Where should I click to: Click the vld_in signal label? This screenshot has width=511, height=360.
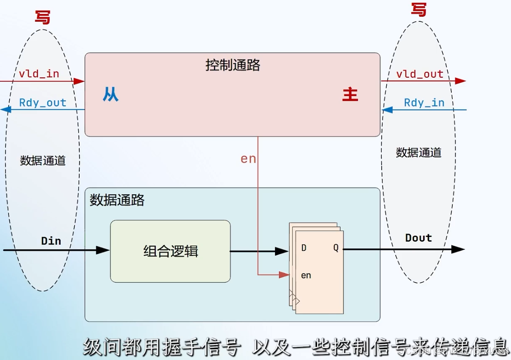[39, 74]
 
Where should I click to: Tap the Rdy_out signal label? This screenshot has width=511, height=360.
[42, 103]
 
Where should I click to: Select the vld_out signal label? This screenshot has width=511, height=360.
[419, 74]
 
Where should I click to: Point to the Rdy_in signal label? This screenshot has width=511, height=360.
[424, 103]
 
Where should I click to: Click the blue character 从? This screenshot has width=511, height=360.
[110, 95]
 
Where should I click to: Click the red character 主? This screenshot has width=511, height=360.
[350, 95]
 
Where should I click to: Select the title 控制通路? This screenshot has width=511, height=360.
[233, 66]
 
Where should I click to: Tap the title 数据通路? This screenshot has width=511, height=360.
[117, 200]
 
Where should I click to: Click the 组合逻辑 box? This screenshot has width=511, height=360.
[170, 251]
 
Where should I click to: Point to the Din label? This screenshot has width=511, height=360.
[51, 241]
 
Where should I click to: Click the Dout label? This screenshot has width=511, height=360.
[418, 238]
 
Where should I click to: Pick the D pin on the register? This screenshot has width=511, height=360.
[304, 248]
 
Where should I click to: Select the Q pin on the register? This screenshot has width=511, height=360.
[336, 248]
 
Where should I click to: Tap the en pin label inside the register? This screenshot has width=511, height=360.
[306, 276]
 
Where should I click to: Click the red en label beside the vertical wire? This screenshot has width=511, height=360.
[248, 159]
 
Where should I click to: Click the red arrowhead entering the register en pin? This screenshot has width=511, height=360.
[284, 274]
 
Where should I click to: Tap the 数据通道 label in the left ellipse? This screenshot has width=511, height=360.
[43, 161]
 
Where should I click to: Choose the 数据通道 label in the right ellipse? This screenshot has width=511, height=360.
[419, 152]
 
